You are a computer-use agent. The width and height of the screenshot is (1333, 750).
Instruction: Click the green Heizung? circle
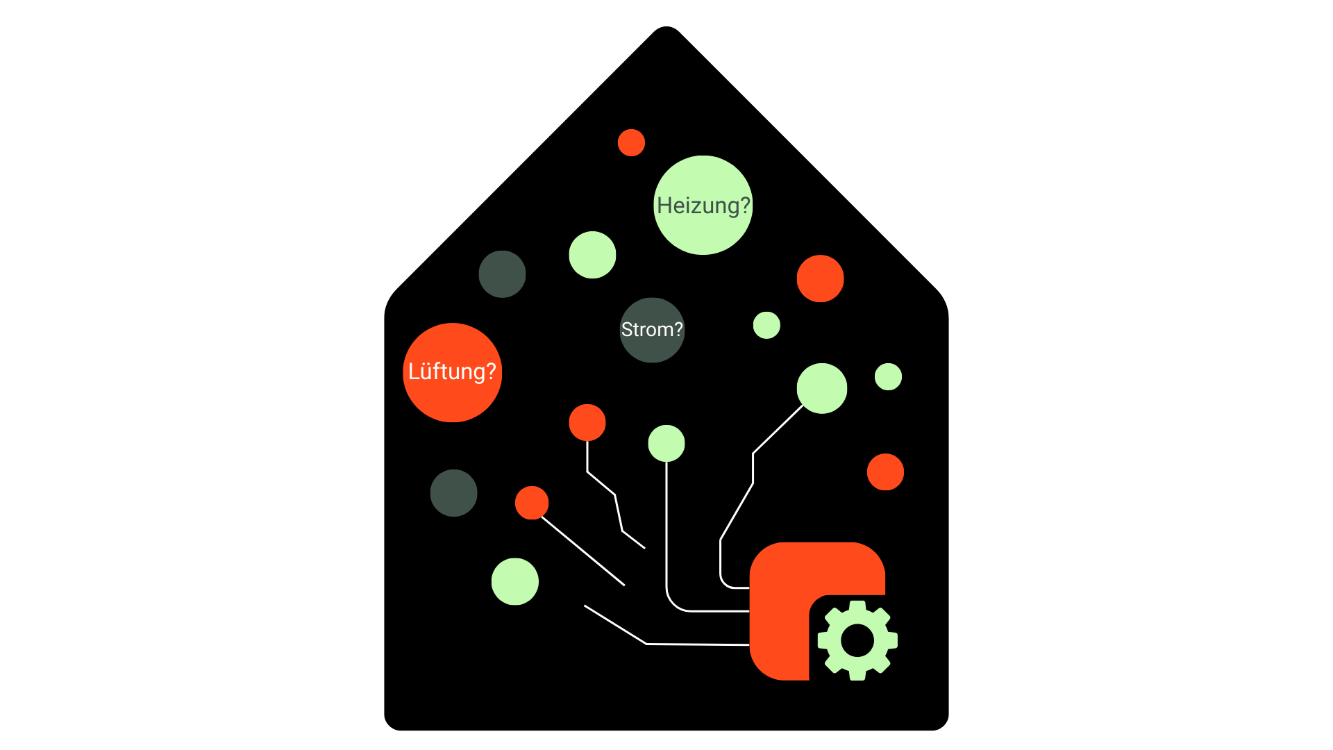(703, 205)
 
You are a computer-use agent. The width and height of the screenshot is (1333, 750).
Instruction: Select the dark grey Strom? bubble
(652, 330)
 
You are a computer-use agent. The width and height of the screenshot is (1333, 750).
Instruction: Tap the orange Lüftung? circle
(452, 372)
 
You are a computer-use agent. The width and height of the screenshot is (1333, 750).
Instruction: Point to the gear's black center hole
(857, 640)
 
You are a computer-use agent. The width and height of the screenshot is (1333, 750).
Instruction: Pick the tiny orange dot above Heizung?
(631, 142)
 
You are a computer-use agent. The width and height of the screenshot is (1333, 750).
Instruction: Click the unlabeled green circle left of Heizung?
(592, 255)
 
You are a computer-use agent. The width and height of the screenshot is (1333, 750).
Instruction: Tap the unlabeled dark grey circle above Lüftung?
(502, 274)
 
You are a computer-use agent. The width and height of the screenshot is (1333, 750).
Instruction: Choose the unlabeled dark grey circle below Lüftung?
(453, 493)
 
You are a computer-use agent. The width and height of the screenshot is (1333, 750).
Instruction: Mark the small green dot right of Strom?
(766, 325)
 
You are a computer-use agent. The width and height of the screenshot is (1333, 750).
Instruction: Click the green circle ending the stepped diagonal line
(822, 388)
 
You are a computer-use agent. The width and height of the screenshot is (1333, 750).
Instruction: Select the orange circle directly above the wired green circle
(820, 278)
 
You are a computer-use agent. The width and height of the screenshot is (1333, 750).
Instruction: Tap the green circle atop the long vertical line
(666, 443)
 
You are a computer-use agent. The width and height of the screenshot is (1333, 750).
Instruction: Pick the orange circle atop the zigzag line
(587, 422)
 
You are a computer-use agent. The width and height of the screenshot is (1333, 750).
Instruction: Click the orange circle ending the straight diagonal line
(532, 503)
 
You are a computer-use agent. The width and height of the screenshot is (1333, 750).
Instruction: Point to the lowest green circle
(514, 581)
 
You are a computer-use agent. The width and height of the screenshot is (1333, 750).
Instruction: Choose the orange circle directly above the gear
(885, 472)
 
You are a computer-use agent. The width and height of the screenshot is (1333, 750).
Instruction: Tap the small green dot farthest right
(888, 376)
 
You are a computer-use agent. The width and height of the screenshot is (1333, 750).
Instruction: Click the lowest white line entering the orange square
(694, 644)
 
